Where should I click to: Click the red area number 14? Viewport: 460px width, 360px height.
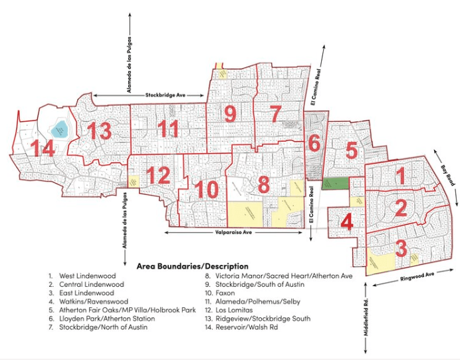coord(39,149)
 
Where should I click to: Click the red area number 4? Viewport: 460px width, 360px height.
coord(346,222)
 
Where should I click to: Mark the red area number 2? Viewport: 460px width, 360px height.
coord(400,208)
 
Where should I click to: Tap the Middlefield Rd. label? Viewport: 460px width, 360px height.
coord(366,319)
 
